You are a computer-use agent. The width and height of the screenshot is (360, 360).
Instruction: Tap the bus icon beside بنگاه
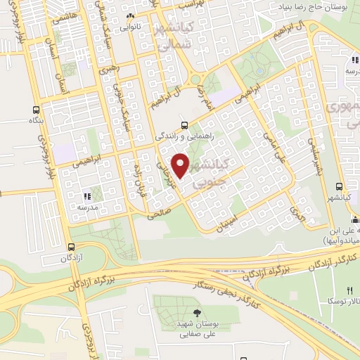[36, 110]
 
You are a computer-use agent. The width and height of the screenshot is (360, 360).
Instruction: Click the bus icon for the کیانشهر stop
[339, 186]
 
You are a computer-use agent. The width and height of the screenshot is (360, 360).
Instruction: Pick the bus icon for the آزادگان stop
[71, 247]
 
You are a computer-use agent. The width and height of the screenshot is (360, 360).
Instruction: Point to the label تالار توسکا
[341, 301]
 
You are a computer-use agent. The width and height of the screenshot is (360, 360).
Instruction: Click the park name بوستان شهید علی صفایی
[196, 330]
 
